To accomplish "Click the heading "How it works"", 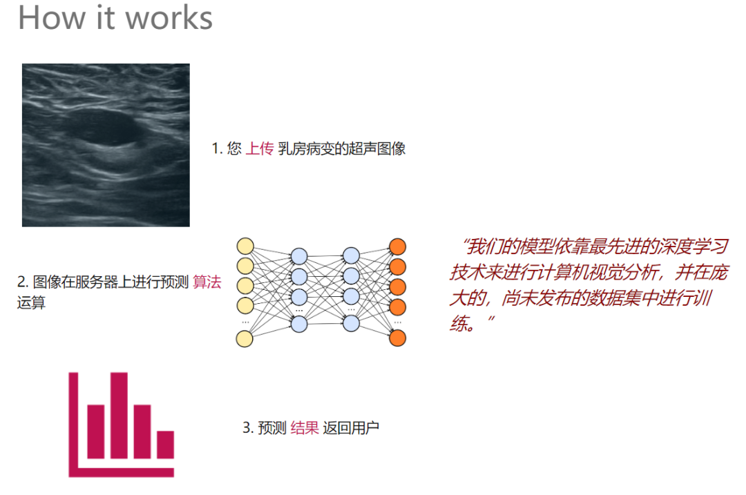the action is coord(115,17).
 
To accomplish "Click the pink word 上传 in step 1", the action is coord(260,148).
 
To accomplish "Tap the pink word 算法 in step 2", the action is coord(207,282).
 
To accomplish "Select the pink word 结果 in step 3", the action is coord(305,428).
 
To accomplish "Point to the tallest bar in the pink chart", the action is coord(119,414).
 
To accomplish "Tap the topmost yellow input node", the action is coord(245,246).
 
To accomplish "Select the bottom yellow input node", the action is coord(245,338).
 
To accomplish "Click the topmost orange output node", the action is coord(397,246).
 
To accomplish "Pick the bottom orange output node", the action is coord(397,338).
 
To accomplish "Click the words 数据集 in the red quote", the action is coord(613,298).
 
